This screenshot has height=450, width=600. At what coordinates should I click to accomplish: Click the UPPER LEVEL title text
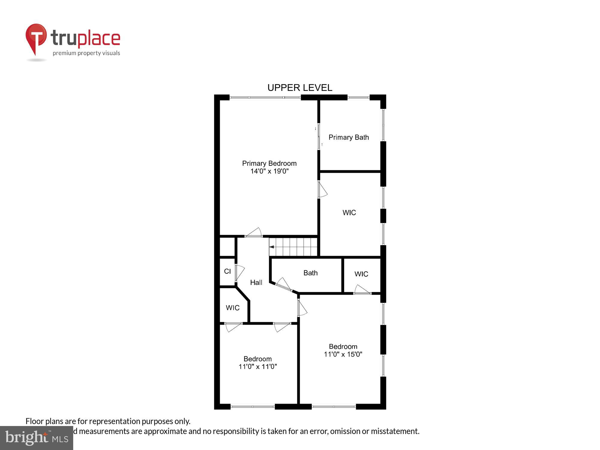(x=300, y=88)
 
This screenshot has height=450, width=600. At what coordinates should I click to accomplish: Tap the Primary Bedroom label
(x=269, y=163)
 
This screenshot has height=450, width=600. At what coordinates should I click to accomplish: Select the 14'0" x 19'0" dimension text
(x=269, y=171)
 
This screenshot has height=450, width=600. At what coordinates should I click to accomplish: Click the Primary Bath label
(x=349, y=137)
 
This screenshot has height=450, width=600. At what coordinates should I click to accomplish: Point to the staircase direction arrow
(x=272, y=247)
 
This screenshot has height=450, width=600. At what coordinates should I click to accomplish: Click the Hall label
(x=256, y=282)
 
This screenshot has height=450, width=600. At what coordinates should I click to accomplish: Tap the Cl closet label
(x=227, y=271)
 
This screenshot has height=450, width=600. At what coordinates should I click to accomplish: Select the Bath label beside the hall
(x=310, y=273)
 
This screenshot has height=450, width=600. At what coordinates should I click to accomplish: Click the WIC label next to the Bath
(x=361, y=274)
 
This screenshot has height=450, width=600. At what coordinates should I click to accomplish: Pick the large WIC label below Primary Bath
(x=349, y=213)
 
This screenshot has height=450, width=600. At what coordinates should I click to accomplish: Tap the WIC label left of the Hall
(x=232, y=308)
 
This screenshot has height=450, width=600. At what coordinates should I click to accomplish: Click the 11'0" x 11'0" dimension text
(x=257, y=367)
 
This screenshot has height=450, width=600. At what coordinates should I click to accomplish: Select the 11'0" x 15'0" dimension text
(x=343, y=354)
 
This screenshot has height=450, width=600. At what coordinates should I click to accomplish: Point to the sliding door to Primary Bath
(x=319, y=137)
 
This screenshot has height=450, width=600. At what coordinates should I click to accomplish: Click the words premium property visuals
(x=86, y=53)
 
